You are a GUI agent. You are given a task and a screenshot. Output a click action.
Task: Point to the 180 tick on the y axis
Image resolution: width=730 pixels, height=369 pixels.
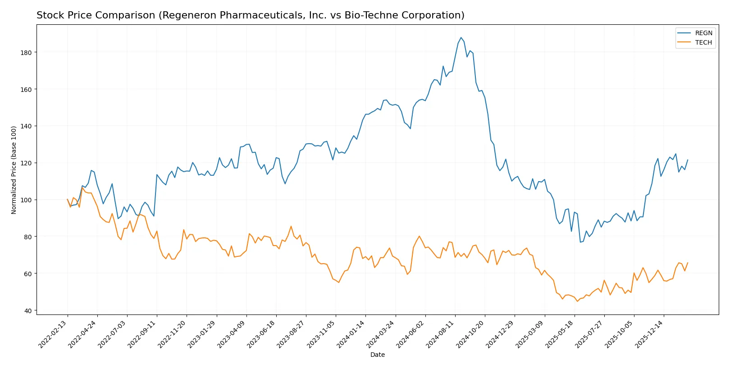tap(26, 53)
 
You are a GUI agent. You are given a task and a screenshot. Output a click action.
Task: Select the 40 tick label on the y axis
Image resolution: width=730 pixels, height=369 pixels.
tap(28, 311)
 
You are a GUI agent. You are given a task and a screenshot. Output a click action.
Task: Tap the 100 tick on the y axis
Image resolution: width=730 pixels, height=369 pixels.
tap(26, 200)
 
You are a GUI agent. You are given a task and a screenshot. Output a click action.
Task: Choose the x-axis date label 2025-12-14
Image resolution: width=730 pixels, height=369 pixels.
tap(650, 334)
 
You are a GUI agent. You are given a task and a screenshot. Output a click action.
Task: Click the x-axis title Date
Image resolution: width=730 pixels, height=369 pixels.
tap(377, 355)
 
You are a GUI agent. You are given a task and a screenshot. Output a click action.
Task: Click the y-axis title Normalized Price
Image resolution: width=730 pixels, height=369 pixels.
tap(14, 170)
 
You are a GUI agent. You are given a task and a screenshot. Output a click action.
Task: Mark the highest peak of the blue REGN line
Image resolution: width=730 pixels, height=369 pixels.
tap(461, 37)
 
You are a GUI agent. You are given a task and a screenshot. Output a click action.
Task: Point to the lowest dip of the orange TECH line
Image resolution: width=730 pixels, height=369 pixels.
tap(577, 301)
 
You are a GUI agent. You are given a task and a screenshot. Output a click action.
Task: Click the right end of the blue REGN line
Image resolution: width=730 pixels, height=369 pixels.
tap(688, 160)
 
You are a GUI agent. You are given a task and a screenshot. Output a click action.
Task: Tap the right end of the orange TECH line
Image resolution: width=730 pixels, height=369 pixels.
tap(688, 263)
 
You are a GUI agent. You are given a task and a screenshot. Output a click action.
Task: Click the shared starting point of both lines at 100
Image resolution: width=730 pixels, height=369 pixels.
tap(68, 199)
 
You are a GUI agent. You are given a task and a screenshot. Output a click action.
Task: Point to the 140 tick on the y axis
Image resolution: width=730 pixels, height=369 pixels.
tap(26, 126)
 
